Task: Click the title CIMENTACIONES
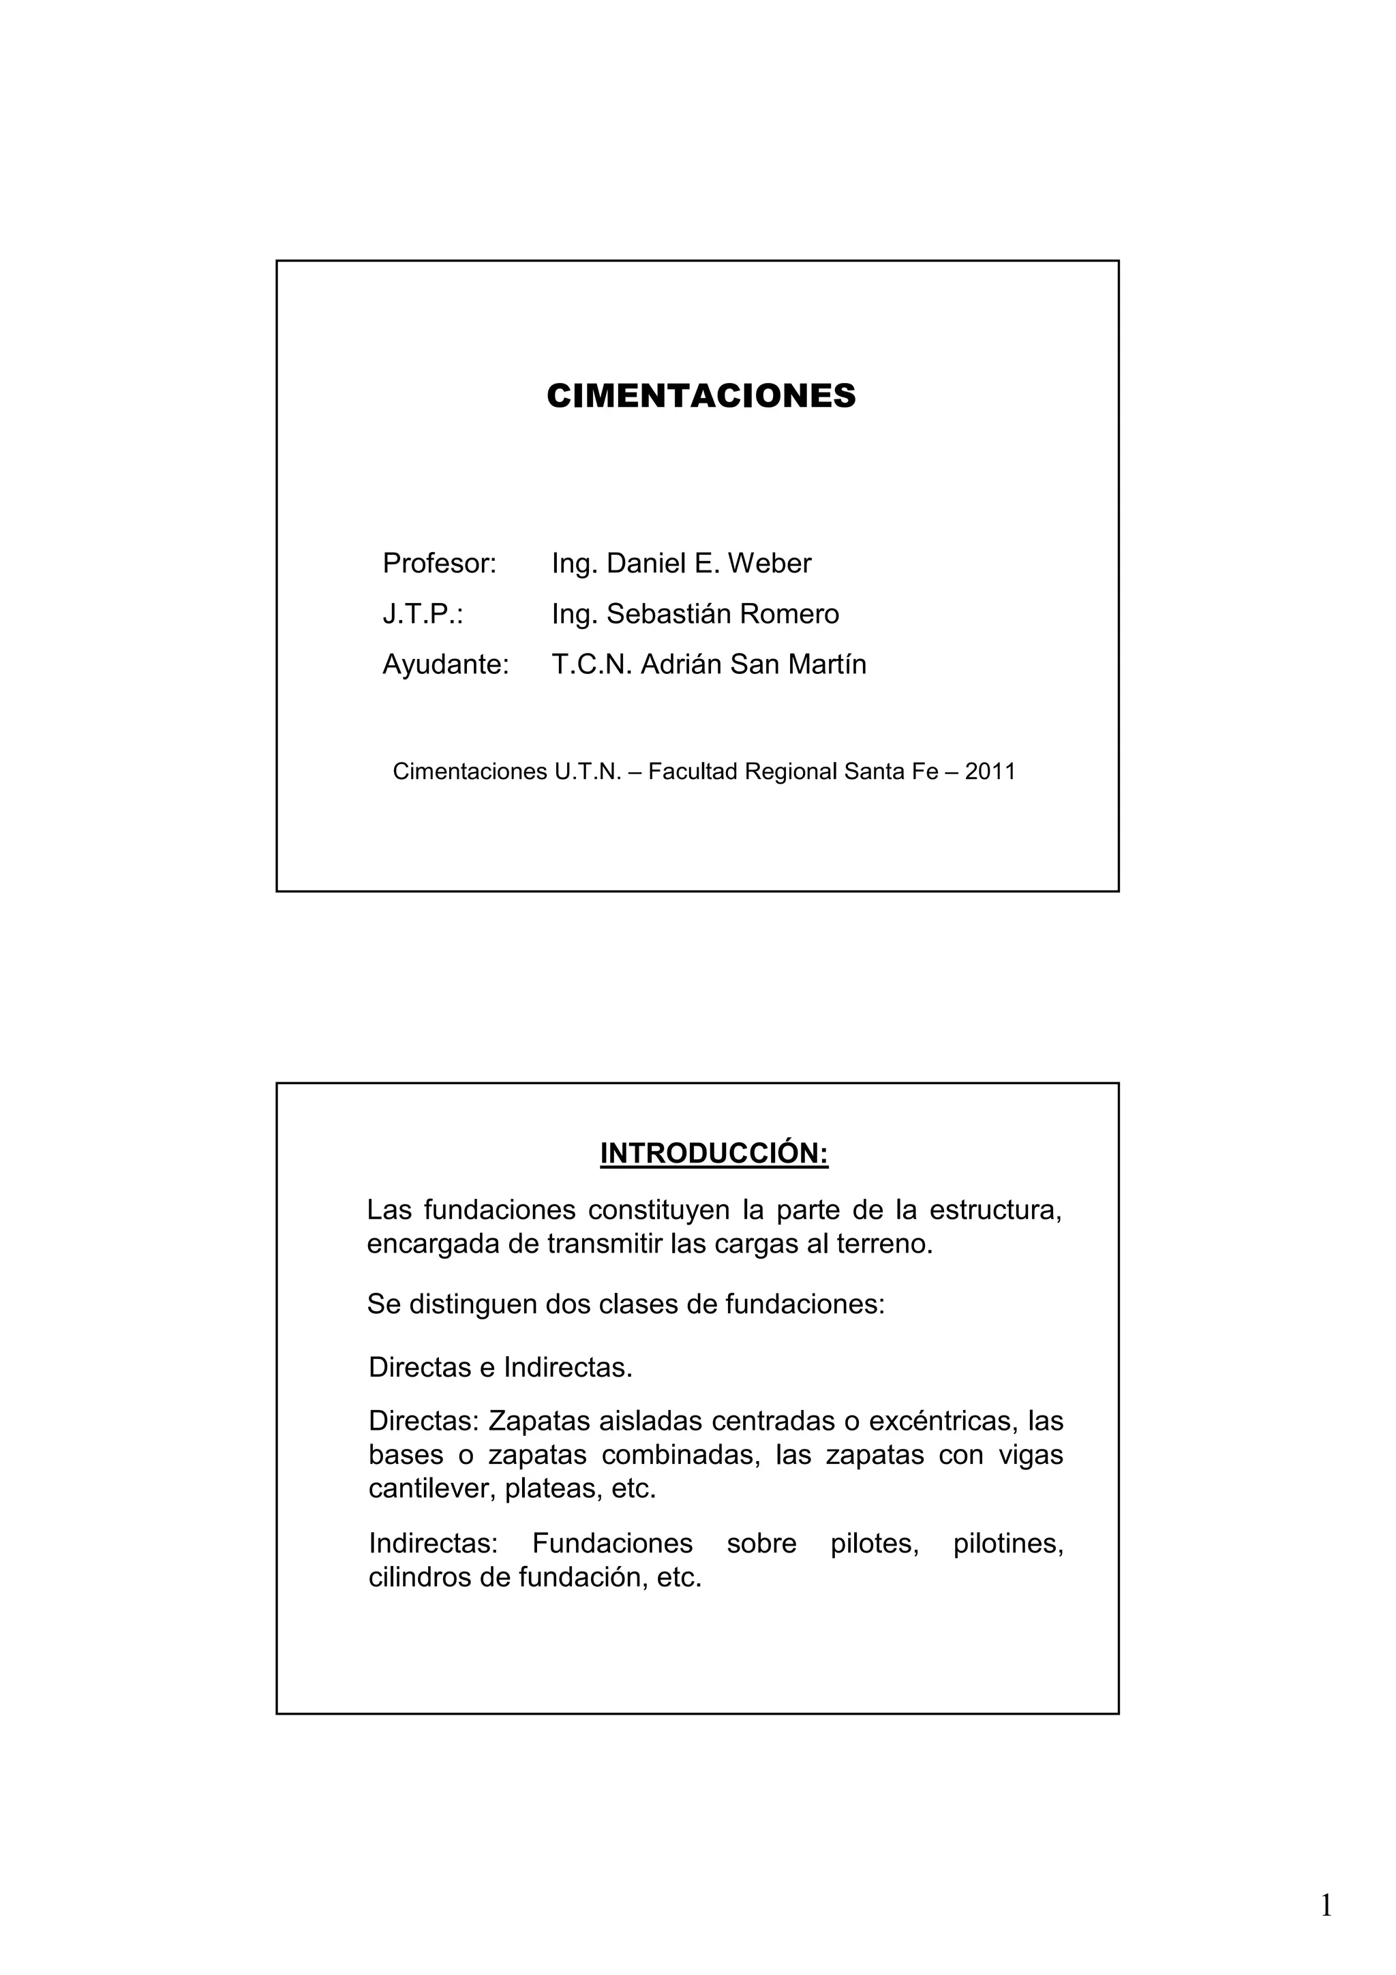[x=701, y=396]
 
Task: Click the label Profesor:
[x=440, y=564]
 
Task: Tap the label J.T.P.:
[x=423, y=614]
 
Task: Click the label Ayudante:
[x=446, y=664]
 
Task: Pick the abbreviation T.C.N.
[x=592, y=664]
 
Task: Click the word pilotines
[x=1008, y=1543]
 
